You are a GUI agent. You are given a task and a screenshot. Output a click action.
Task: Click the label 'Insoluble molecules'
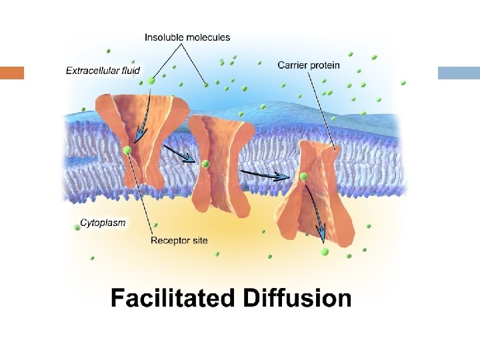point(187,37)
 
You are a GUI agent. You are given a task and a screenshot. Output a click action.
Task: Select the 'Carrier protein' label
point(309,65)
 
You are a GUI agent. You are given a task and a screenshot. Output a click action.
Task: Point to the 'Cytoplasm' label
point(103,223)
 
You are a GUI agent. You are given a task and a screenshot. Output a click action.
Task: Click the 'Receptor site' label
point(179,240)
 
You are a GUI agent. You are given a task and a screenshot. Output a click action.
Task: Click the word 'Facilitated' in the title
point(173,297)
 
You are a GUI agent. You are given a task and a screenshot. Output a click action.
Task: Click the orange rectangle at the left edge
point(12,73)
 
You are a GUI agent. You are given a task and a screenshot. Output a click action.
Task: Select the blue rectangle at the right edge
point(459,73)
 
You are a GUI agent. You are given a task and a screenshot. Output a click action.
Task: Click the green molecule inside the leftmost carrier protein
point(127,150)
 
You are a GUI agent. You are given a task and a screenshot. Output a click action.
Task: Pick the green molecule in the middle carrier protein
point(205,163)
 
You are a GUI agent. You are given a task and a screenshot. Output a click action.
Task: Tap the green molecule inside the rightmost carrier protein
point(303,176)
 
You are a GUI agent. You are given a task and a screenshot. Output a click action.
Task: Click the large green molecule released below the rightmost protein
point(325,251)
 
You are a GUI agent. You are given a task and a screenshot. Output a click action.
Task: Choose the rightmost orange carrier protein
point(312,190)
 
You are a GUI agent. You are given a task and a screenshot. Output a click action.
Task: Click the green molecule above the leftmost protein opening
point(152,81)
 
